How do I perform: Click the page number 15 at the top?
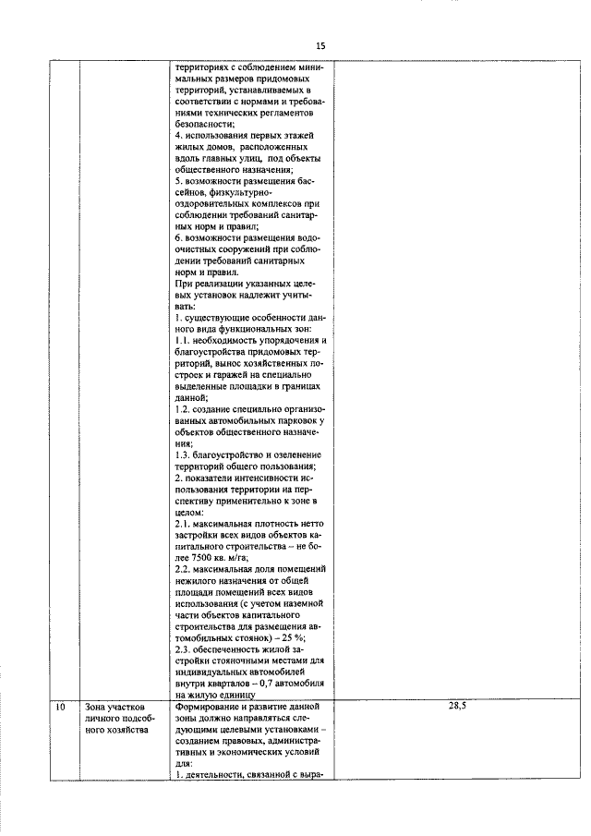pos(320,45)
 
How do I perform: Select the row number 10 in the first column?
pos(59,707)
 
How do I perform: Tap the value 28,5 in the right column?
pos(457,707)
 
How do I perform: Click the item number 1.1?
pos(183,341)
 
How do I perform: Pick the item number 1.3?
pos(183,454)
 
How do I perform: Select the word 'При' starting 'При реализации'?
pos(182,284)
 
